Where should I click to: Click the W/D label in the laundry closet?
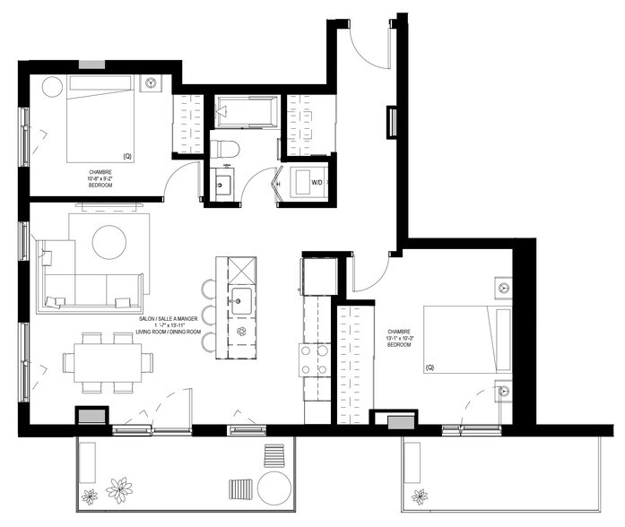pyautogui.click(x=317, y=183)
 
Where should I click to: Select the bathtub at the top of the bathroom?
pyautogui.click(x=245, y=110)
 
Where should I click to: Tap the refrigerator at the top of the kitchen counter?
pyautogui.click(x=319, y=274)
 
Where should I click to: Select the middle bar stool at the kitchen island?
pyautogui.click(x=209, y=315)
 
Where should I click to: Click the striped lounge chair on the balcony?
pyautogui.click(x=241, y=489)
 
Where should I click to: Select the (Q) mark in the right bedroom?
pyautogui.click(x=430, y=367)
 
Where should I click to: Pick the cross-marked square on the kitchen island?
pyautogui.click(x=242, y=269)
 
